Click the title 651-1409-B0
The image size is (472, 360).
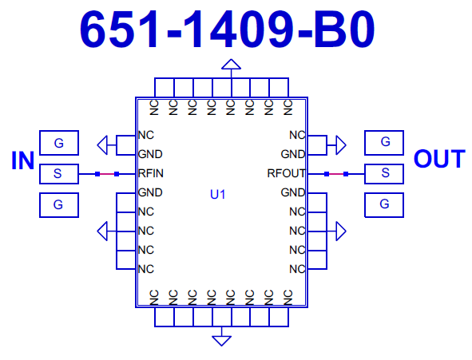(x=228, y=29)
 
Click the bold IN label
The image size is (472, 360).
(x=22, y=160)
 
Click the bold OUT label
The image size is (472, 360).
(x=439, y=159)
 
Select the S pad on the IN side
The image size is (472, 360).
(x=59, y=174)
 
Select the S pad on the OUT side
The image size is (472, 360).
(x=384, y=174)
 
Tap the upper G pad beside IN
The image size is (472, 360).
(x=59, y=143)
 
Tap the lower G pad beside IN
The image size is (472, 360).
(x=59, y=205)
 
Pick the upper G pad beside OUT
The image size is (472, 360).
(x=384, y=143)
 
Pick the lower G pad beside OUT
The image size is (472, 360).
(x=384, y=205)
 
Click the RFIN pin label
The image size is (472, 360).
(x=151, y=173)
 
